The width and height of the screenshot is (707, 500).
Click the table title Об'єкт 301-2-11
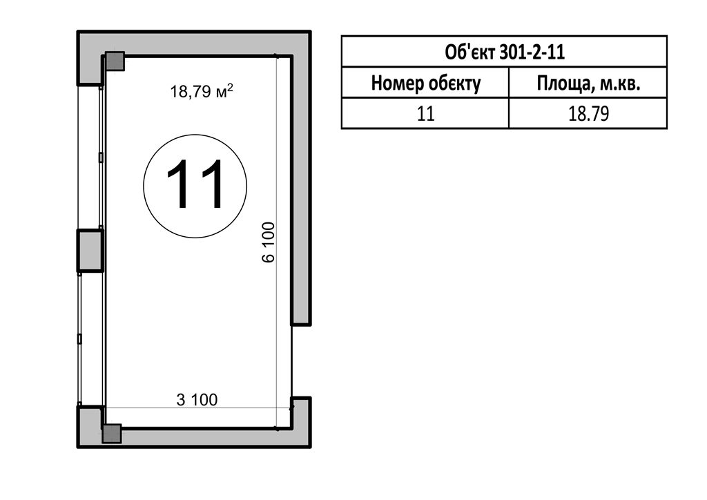(505, 52)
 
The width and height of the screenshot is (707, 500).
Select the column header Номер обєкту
(425, 84)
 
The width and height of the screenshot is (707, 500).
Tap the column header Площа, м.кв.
(588, 84)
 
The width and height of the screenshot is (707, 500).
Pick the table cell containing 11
(425, 113)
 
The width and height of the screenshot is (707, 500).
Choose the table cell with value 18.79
(588, 113)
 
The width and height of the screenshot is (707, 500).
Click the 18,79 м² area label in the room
(202, 90)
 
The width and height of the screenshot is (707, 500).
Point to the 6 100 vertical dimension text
(269, 242)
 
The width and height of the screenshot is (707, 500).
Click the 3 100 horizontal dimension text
(197, 399)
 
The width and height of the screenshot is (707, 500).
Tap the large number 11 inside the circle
(195, 184)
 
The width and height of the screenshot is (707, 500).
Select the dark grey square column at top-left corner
(115, 61)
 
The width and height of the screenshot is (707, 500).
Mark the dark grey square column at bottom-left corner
(112, 433)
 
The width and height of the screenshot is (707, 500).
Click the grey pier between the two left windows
(90, 251)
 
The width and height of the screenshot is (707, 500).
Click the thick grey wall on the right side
(301, 189)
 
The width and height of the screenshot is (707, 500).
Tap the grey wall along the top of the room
(194, 44)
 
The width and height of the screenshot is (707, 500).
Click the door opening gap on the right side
(292, 360)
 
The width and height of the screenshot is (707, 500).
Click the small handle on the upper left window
(101, 157)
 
